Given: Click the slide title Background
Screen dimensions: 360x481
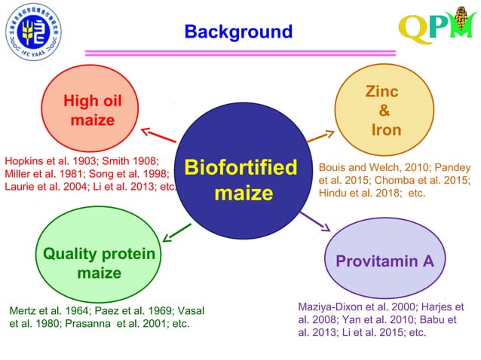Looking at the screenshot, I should point(238,32).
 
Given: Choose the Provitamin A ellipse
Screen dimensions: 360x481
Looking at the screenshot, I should point(384,261).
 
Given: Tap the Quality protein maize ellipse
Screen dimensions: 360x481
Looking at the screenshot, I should point(99,263).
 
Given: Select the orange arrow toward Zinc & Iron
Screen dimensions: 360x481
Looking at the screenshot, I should point(320,137).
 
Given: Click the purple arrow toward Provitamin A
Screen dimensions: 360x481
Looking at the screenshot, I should point(317,221).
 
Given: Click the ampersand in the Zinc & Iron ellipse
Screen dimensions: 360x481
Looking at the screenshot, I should point(384,111).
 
